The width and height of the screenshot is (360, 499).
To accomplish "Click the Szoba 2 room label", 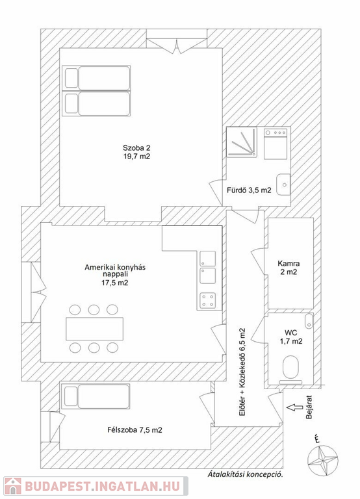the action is click(136, 148).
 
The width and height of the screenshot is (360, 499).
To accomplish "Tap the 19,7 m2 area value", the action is click(136, 156).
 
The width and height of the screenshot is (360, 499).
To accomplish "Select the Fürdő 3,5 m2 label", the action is click(249, 190).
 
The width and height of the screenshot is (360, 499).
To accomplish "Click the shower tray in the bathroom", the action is click(242, 142).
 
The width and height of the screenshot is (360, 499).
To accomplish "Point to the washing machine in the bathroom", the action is click(276, 144).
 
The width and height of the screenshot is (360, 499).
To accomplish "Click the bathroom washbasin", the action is click(283, 185).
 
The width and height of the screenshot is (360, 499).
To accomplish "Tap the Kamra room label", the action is click(289, 264).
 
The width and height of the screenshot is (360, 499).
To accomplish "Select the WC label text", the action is click(291, 333).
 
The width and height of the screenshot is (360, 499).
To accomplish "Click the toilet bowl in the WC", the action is click(290, 369).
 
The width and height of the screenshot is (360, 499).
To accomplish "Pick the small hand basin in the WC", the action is click(309, 321).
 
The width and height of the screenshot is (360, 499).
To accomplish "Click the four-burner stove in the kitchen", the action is click(207, 300).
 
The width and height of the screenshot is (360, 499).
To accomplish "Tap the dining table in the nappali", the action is click(94, 329).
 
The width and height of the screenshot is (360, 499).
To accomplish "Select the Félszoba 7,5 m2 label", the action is click(135, 430).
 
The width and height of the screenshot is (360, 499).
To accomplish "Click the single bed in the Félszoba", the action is click(96, 396).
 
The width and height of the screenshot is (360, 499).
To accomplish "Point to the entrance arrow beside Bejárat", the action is click(295, 407).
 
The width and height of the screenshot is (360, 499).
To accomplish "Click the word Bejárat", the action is click(308, 407).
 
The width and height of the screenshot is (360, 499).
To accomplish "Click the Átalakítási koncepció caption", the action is click(245, 474).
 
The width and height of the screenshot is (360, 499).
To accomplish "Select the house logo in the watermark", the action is click(12, 486).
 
